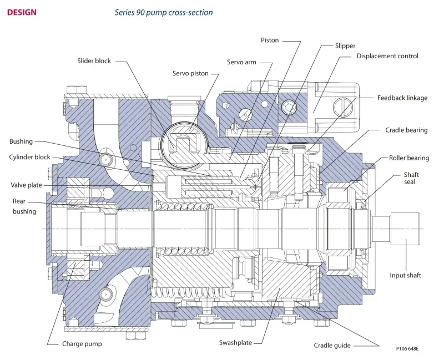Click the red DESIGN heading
[22, 12]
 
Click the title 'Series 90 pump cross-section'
[164, 13]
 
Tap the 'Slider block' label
[94, 61]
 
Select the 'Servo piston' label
[190, 74]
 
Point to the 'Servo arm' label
[241, 62]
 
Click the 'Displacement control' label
[387, 56]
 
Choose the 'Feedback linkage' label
[402, 98]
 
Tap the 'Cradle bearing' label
[406, 130]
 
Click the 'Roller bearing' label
[409, 158]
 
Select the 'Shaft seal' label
[411, 178]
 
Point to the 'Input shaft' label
[405, 275]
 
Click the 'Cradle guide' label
[332, 346]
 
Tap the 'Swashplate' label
[235, 343]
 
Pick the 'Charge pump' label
[82, 344]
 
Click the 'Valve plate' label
[26, 185]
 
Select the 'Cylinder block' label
[29, 158]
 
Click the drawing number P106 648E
[407, 349]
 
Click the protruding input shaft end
[406, 229]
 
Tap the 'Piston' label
[270, 40]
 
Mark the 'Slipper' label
[345, 46]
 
